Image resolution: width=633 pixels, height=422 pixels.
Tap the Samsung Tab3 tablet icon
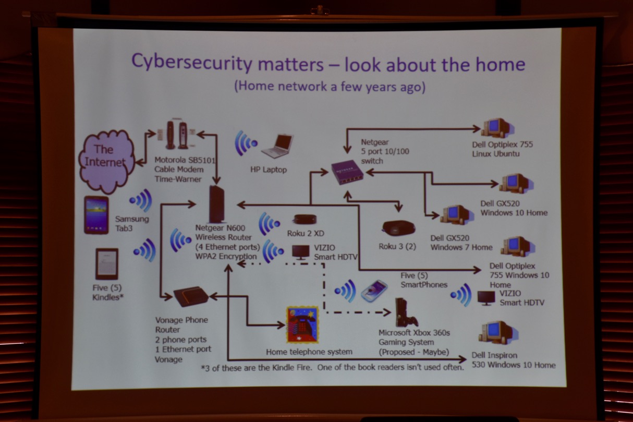pos(96,214)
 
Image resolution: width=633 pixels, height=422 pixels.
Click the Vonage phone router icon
pos(190,296)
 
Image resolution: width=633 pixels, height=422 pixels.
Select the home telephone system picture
pos(302,324)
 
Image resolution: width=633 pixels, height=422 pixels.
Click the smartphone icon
pos(374,290)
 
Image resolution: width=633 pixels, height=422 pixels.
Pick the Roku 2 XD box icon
pos(305,219)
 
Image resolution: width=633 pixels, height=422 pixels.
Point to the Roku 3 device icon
pos(398,228)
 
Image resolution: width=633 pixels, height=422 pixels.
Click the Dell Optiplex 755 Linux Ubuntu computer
pos(496,127)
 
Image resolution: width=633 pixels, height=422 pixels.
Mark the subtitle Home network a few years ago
pos(330,86)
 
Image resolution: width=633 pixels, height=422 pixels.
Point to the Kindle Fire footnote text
pos(332,367)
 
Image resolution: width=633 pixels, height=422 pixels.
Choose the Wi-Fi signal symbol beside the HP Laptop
pos(246,142)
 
